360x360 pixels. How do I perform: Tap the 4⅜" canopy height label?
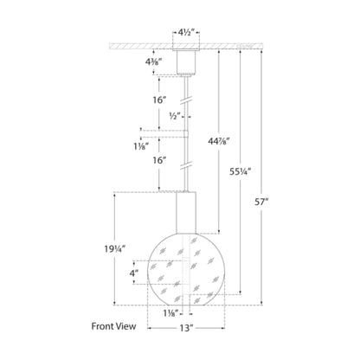point(153,61)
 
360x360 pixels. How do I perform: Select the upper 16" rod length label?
point(160,100)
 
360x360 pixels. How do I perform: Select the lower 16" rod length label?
point(160,160)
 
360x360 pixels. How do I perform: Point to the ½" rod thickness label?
point(175,116)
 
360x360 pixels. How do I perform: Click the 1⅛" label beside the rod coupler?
point(141,146)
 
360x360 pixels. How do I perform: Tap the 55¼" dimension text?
point(241,171)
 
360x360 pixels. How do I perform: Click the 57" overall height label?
point(261,202)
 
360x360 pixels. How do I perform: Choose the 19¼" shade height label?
point(115,248)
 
